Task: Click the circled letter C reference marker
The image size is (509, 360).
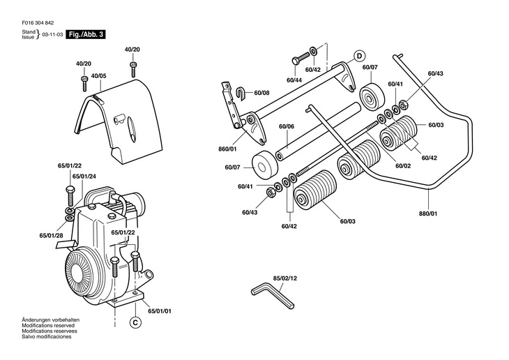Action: (135, 322)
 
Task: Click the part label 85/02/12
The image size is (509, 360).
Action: (284, 278)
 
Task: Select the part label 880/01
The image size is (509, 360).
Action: (429, 215)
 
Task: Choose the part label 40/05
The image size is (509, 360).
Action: (98, 75)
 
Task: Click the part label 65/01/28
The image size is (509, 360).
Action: (52, 237)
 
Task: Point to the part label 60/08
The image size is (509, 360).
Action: (261, 92)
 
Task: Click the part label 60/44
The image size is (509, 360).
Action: (294, 80)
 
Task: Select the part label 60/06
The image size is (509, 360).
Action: (287, 126)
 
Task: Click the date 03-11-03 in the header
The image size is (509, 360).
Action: (52, 33)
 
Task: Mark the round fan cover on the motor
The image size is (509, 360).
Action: (82, 269)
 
